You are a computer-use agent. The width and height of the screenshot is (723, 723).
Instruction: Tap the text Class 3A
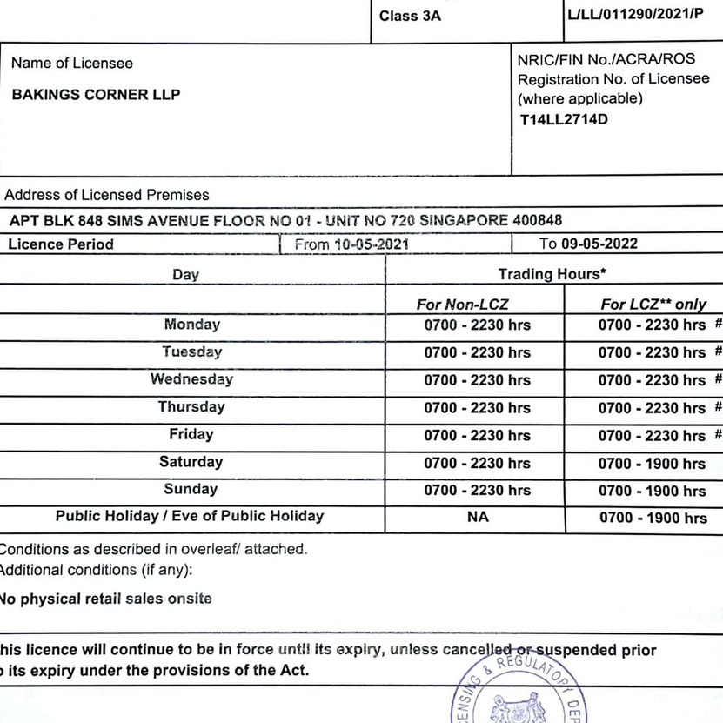coord(411,16)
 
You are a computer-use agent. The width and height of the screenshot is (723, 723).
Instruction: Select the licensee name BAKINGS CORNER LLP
coord(96,95)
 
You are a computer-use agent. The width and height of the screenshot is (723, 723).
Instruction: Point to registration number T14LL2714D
coord(564,119)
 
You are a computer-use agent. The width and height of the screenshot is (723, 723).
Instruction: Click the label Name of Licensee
coord(72,64)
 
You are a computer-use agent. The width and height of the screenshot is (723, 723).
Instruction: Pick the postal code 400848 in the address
coord(538,220)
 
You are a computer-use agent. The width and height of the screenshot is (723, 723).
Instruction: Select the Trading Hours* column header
coord(552,274)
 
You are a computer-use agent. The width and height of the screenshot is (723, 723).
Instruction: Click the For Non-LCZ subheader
coord(462,305)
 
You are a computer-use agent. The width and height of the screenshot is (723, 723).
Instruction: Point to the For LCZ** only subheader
coord(653,305)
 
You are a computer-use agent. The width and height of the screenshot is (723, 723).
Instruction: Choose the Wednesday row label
coord(191,379)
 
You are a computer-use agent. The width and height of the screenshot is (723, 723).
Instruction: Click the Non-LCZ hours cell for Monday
coord(477,325)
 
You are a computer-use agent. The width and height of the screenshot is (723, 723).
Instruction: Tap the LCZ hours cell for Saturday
coord(653,464)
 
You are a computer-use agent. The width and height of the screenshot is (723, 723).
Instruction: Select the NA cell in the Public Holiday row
coord(477,517)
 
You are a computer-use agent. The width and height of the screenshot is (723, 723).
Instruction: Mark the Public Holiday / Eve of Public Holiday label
coord(190,516)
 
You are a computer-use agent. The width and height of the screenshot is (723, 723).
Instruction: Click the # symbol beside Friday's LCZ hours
coord(718,434)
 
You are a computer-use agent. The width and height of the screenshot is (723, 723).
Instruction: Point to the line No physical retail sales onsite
coord(105,599)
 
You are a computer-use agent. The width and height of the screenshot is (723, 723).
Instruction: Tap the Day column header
coord(185,275)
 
